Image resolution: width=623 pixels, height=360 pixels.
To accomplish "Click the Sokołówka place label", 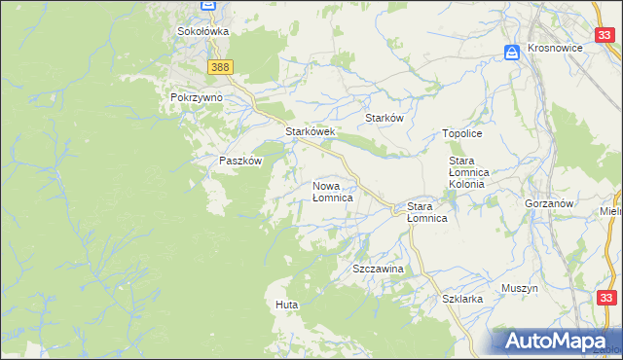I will (x=202, y=31).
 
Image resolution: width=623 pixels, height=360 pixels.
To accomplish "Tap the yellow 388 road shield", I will (x=220, y=66).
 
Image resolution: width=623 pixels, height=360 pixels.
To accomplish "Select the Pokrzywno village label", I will (x=196, y=98).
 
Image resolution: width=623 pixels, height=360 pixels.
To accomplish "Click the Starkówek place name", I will (x=310, y=131).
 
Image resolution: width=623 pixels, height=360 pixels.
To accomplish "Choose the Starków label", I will (x=384, y=118).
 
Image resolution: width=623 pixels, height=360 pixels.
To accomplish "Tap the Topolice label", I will (x=462, y=133).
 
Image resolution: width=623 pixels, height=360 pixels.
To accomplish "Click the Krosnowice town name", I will (x=560, y=48).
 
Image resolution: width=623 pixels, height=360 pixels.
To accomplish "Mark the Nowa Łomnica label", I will (x=332, y=191).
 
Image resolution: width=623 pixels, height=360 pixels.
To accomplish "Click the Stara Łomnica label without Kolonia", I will (x=426, y=212).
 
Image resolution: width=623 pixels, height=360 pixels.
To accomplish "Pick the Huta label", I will (x=286, y=306).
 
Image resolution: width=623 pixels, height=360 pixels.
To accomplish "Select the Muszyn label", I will (x=520, y=289).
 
